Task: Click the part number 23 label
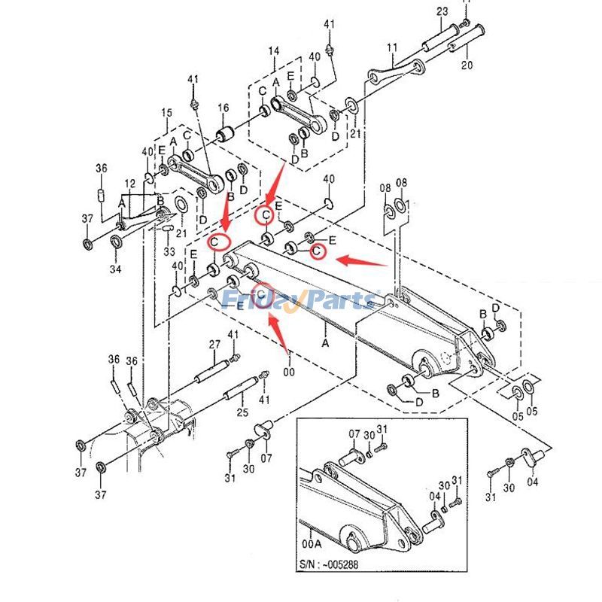tap(442, 11)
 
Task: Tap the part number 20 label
tap(467, 65)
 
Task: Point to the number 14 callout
tap(274, 50)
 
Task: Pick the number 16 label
tap(223, 108)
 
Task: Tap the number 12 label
tap(130, 184)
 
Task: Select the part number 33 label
tap(169, 252)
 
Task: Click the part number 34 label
tap(115, 269)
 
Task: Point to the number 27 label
tap(214, 345)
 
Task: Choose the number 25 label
tap(242, 412)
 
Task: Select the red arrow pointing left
tap(361, 261)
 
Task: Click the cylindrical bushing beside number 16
tap(224, 135)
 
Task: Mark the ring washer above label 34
tap(117, 242)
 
